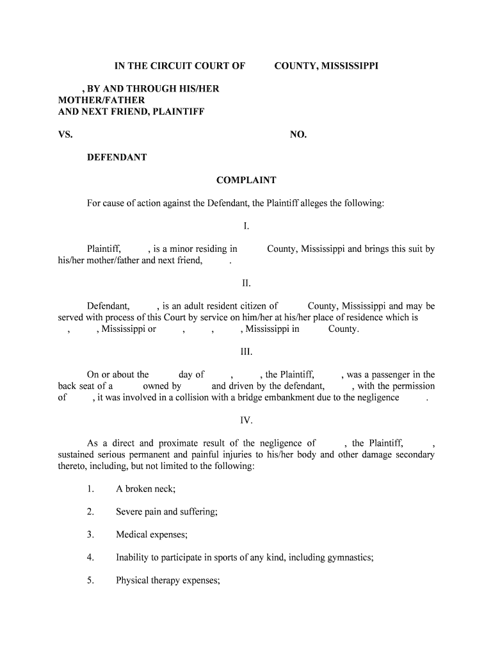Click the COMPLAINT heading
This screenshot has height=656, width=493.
pos(246,181)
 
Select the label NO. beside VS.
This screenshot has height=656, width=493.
pos(298,135)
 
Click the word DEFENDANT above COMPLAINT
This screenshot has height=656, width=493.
pos(117,157)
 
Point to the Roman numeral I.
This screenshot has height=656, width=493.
pos(246,226)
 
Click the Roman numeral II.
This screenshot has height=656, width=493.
pos(246,283)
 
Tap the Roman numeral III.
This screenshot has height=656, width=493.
pos(246,352)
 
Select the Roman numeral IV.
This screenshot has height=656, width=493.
pos(246,420)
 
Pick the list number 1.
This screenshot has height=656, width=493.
pos(91,489)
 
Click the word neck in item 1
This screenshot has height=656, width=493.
pos(163,489)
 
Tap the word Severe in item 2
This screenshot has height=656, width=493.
pos(130,512)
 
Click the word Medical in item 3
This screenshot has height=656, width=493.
pos(132,534)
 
